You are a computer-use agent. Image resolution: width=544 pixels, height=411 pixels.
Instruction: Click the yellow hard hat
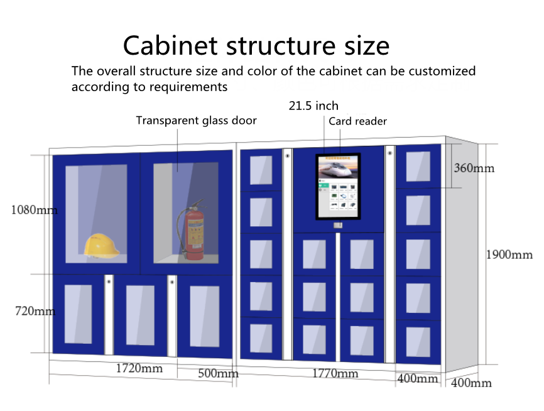click(x=102, y=246)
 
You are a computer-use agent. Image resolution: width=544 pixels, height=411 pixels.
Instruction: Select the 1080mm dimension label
click(x=35, y=210)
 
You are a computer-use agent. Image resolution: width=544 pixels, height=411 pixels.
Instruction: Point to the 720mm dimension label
click(x=35, y=311)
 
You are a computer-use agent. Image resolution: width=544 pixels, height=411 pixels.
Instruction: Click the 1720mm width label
click(x=139, y=368)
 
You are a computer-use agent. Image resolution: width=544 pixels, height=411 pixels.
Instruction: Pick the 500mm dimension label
click(x=218, y=373)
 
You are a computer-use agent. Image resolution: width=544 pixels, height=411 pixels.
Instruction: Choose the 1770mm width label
click(x=335, y=373)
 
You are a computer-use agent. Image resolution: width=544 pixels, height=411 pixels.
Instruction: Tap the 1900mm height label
click(x=509, y=255)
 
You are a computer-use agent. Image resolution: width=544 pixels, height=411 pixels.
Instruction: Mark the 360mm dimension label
click(x=474, y=168)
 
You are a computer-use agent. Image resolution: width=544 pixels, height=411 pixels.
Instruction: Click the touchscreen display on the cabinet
click(x=338, y=187)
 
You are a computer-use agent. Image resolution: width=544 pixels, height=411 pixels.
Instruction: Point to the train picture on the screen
click(x=338, y=168)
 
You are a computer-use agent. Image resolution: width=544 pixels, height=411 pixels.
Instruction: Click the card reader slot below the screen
click(x=338, y=226)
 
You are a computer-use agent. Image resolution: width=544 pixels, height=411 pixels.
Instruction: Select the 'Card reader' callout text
click(x=357, y=121)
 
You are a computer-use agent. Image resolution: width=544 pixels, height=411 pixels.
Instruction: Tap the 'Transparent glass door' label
click(x=197, y=121)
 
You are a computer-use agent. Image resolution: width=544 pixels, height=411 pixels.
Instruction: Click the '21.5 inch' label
click(x=313, y=106)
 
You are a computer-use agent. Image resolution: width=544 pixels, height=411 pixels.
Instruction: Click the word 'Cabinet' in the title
click(x=170, y=45)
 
